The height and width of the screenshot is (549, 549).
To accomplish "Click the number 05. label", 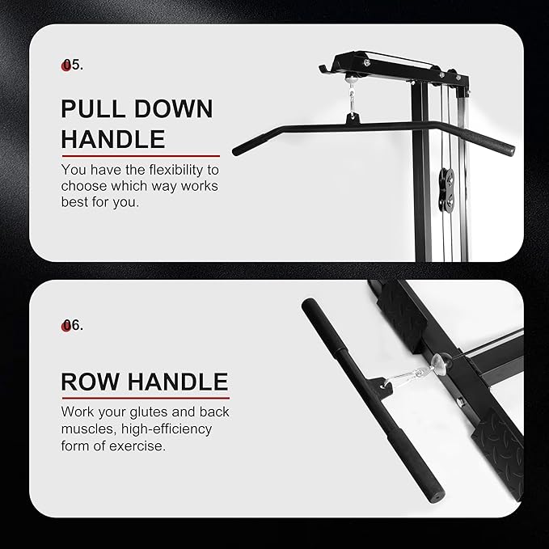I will pyautogui.click(x=73, y=65).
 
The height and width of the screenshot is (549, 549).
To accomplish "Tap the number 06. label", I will pyautogui.click(x=73, y=325).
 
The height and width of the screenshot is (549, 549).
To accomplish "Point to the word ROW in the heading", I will pyautogui.click(x=91, y=381).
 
